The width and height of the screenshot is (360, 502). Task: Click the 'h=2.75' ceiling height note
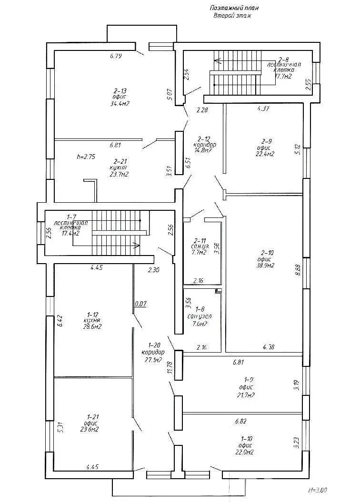[x=86, y=156]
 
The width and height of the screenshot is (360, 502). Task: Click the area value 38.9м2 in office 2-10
[x=266, y=266]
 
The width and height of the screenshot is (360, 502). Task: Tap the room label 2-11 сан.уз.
[x=200, y=241]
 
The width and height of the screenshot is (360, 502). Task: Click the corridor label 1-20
[x=153, y=345]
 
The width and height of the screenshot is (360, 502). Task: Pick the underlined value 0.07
[x=140, y=303]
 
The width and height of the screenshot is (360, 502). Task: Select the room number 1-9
[x=248, y=379]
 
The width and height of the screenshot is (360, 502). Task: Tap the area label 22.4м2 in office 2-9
[x=267, y=154]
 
